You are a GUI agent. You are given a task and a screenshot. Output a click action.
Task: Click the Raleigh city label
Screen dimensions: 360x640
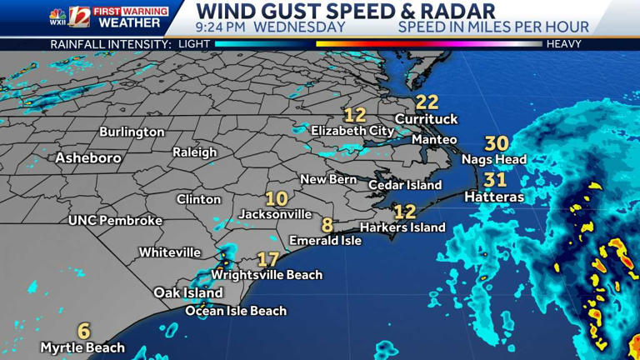pyautogui.click(x=194, y=152)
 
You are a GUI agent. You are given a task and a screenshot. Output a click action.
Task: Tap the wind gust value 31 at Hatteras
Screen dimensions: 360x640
pyautogui.click(x=495, y=179)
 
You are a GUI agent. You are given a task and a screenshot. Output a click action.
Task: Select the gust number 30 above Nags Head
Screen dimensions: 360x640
pyautogui.click(x=497, y=143)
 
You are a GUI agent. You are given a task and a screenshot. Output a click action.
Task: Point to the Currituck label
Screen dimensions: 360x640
pyautogui.click(x=426, y=119)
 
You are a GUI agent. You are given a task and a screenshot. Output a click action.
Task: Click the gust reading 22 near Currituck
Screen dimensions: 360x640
pyautogui.click(x=427, y=102)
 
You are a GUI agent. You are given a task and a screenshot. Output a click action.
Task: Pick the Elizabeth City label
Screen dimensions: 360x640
pyautogui.click(x=352, y=131)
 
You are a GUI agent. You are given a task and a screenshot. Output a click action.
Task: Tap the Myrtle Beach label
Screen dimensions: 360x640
pyautogui.click(x=82, y=347)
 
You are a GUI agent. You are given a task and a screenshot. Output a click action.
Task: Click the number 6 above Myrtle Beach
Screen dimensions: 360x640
pyautogui.click(x=84, y=330)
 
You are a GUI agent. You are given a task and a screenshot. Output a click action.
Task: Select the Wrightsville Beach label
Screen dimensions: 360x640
pyautogui.click(x=267, y=275)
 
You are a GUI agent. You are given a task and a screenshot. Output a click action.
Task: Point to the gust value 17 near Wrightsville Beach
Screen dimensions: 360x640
pyautogui.click(x=267, y=259)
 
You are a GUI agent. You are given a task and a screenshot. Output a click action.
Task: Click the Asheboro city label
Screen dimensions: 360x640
pyautogui.click(x=88, y=157)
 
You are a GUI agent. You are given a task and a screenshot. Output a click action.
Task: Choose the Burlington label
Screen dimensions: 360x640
pyautogui.click(x=132, y=132)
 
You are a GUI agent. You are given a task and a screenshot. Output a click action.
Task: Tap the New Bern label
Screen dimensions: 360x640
pyautogui.click(x=328, y=179)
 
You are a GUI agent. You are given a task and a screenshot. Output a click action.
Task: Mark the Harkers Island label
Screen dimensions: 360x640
pyautogui.click(x=402, y=227)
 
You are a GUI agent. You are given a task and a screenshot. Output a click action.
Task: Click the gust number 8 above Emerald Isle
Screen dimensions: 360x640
pyautogui.click(x=327, y=225)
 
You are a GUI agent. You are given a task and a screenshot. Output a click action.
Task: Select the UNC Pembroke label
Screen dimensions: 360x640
pyautogui.click(x=115, y=221)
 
